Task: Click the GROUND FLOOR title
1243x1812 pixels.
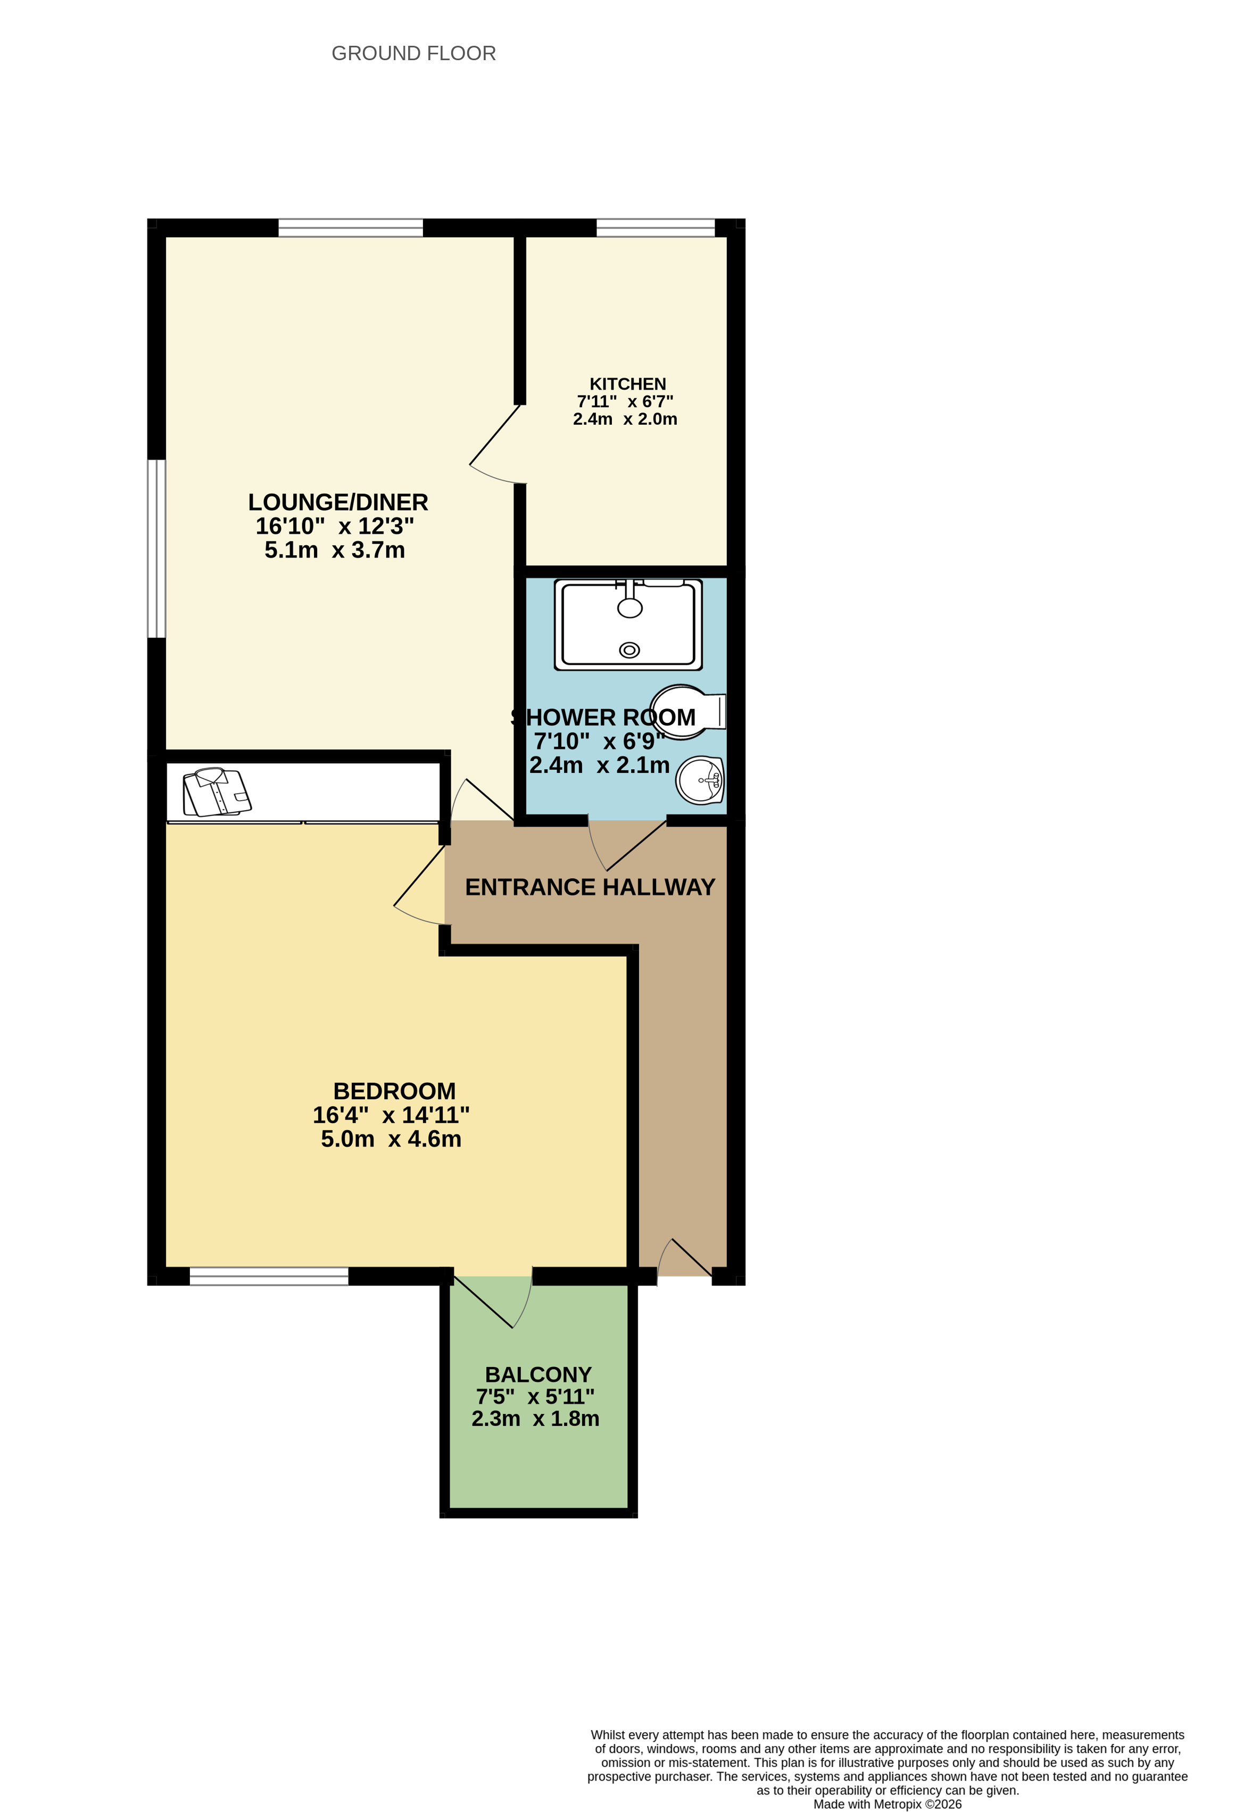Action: [x=414, y=53]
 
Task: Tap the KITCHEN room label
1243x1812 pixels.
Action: [x=627, y=384]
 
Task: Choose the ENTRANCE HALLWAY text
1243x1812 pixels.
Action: [x=590, y=887]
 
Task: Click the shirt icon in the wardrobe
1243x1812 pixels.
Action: [x=217, y=792]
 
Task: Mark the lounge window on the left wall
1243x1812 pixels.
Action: [x=156, y=548]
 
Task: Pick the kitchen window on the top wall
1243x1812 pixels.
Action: [x=656, y=228]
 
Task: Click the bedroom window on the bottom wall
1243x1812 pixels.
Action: [x=269, y=1276]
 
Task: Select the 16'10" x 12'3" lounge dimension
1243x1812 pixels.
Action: [x=335, y=526]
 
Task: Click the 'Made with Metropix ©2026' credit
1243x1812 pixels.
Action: [x=888, y=1804]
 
